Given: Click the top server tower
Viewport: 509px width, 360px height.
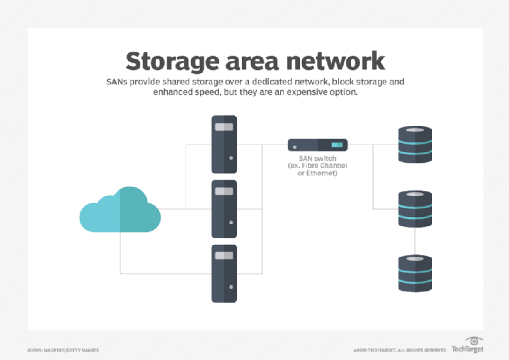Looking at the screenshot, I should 223,144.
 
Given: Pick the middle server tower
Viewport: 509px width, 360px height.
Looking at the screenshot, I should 223,208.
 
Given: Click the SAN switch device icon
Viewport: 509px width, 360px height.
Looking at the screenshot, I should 318,144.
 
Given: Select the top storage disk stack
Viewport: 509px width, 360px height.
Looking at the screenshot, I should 415,144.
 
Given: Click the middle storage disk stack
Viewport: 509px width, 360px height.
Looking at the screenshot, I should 415,208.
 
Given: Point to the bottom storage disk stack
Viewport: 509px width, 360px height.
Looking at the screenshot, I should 415,273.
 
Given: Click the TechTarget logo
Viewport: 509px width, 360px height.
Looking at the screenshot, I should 467,346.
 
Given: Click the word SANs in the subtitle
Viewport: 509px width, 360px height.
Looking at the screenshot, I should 120,83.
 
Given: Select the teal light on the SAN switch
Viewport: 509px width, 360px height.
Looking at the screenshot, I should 337,144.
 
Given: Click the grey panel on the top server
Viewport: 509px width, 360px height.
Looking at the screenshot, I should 223,127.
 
